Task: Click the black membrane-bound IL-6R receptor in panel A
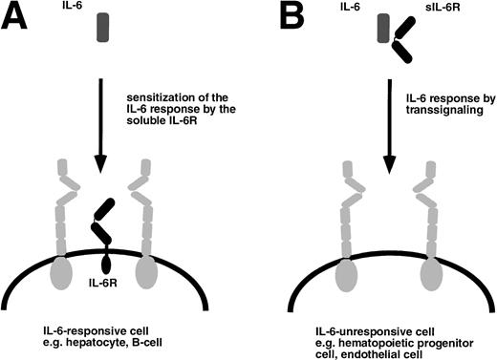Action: pyautogui.click(x=102, y=229)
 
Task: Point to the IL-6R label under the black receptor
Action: pyautogui.click(x=102, y=284)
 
